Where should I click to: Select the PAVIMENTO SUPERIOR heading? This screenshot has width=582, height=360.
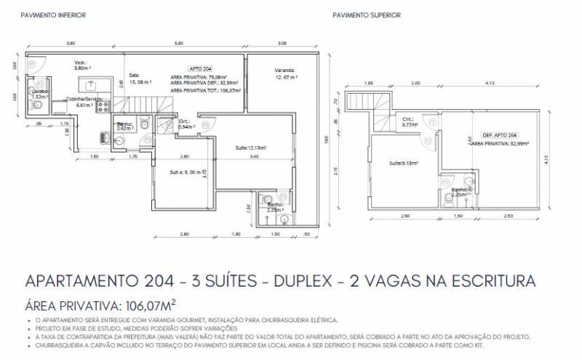point(366,15)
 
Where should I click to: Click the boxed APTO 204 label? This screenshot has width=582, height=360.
point(199,67)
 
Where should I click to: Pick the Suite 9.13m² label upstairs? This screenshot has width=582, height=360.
point(402,163)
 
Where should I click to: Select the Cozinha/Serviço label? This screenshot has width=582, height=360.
point(84,101)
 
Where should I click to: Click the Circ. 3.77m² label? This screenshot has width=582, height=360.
point(407,122)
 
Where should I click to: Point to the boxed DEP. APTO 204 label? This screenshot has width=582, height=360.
point(500,136)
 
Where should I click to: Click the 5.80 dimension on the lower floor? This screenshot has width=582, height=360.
point(178,44)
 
